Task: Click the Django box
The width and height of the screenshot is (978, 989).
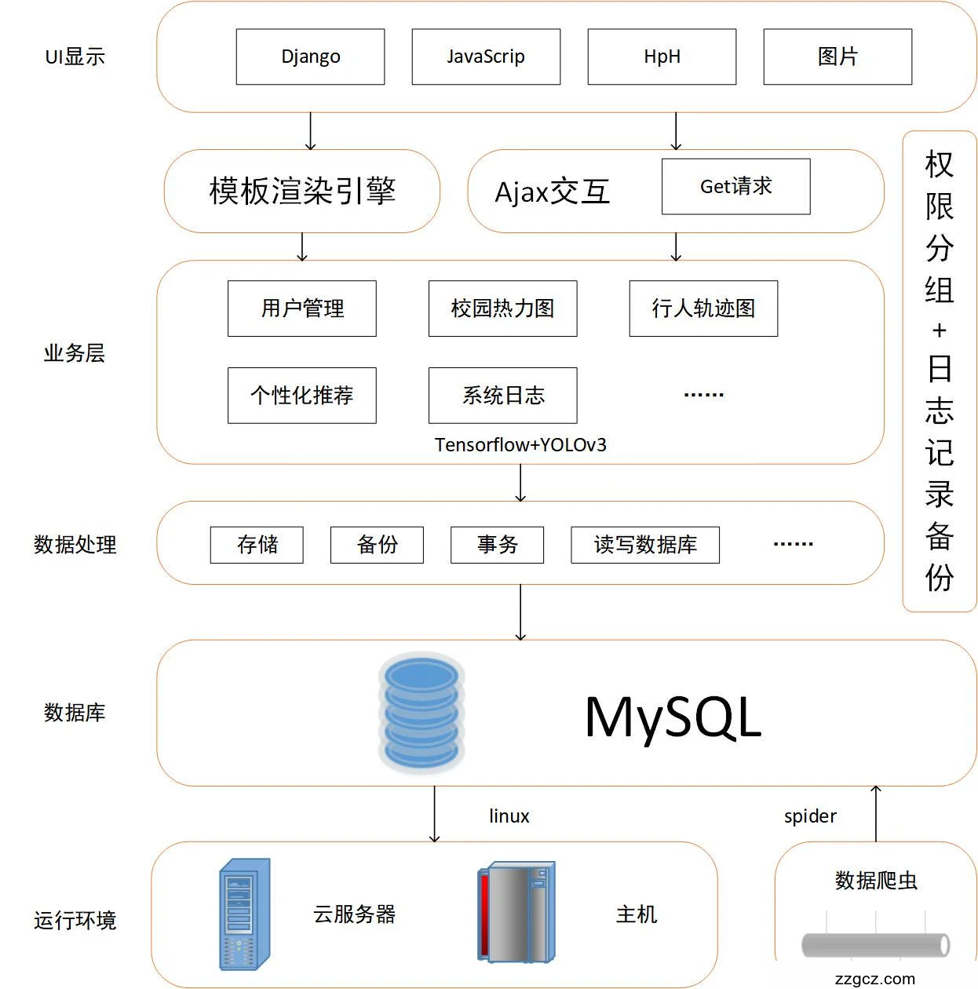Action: tap(310, 57)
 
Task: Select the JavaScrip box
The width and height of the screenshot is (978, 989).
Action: tap(486, 57)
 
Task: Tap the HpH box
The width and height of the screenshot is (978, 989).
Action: tap(662, 57)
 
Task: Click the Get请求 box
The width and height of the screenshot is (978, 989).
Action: tap(735, 186)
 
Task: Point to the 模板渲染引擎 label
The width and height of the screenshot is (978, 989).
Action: tap(302, 191)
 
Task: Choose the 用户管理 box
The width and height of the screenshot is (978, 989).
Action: tap(302, 308)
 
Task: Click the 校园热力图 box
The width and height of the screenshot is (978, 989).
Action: tap(502, 308)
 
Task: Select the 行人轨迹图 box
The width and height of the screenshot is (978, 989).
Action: tap(703, 308)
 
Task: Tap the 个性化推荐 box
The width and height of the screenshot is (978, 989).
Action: tap(302, 395)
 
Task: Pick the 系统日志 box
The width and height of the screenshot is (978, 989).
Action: tap(502, 395)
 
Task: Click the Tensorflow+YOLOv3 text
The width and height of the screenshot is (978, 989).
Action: tap(520, 445)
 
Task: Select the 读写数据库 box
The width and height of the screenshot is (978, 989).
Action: tap(645, 545)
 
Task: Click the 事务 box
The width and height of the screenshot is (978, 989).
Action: tap(497, 545)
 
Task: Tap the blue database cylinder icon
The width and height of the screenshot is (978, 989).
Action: tap(421, 712)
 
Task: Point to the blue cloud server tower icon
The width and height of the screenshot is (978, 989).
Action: tap(245, 914)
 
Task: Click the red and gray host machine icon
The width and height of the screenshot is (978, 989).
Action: tap(516, 912)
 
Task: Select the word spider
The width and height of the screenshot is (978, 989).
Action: tap(810, 816)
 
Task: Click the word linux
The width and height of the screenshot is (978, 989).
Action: tap(509, 816)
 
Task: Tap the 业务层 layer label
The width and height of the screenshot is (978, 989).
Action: tap(75, 353)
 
